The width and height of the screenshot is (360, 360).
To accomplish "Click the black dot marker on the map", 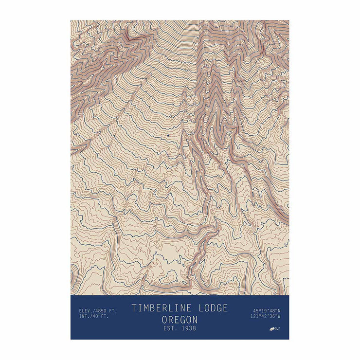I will coord(168,135).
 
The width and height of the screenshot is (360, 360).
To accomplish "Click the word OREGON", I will coord(180,320).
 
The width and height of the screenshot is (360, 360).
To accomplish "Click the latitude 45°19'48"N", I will coord(267,310).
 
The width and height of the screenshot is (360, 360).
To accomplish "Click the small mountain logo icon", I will coord(272,329).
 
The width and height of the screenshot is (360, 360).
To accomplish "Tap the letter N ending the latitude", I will coord(279,310).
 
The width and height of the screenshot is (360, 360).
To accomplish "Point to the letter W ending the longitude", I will coord(279,316).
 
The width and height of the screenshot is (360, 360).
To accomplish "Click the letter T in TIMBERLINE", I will coord(134,308).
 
